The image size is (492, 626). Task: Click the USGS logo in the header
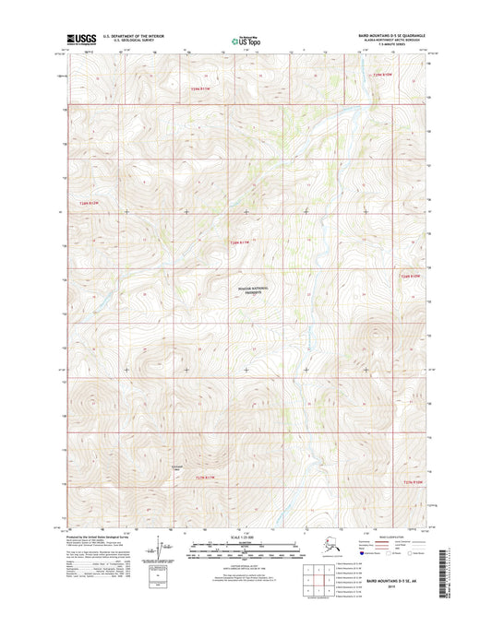pyautogui.click(x=82, y=39)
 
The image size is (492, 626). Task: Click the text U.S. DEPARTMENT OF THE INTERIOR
pyautogui.click(x=137, y=35)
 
